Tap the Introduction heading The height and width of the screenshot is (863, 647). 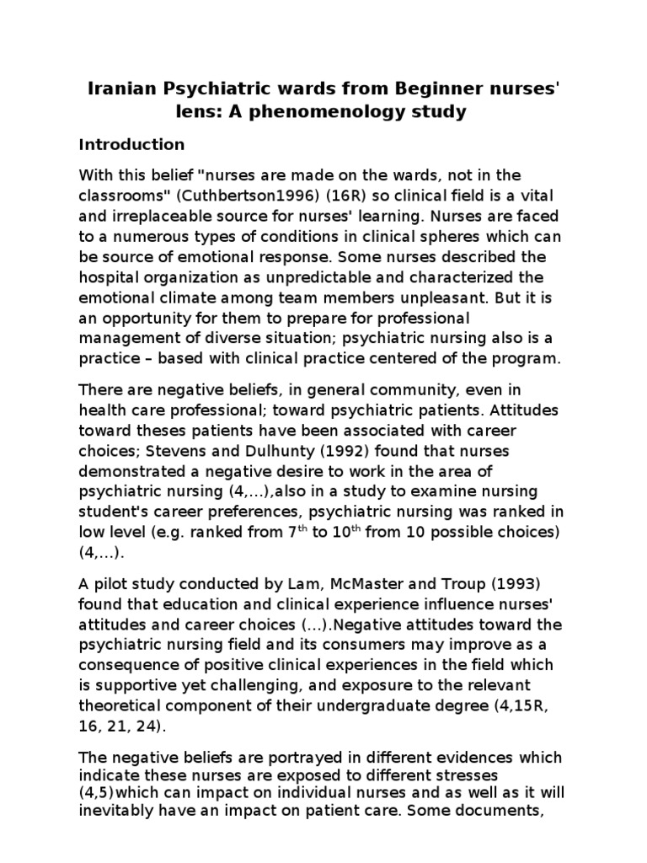click(x=131, y=144)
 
